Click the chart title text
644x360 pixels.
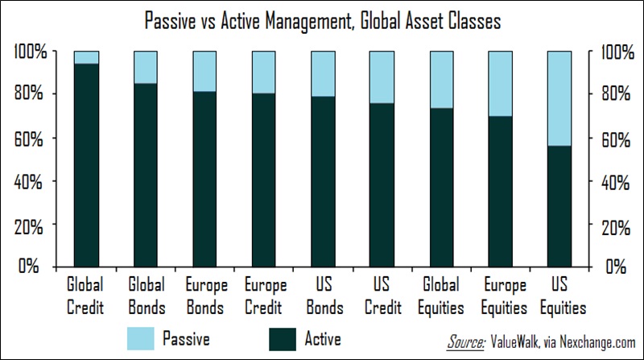pos(323,21)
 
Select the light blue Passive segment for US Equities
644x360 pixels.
pos(559,98)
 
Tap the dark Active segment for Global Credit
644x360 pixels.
pos(86,165)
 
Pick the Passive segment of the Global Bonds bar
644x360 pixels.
pos(146,68)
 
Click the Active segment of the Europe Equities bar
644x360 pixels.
pos(500,192)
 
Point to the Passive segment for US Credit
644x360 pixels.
pos(382,77)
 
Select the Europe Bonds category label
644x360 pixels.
pos(206,296)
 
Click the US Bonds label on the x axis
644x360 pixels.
pos(324,296)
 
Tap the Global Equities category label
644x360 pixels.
pos(441,296)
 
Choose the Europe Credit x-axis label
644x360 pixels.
pos(266,296)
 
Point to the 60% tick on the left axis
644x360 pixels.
pos(28,139)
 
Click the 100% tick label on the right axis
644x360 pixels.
pos(617,52)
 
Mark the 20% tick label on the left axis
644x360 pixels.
pos(28,226)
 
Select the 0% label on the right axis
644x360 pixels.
pos(616,267)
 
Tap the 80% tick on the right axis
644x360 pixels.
pos(616,93)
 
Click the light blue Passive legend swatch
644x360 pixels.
pos(140,338)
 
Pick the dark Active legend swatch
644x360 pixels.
pos(283,339)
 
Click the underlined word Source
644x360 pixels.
pos(465,342)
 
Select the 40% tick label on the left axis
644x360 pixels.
pos(28,182)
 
